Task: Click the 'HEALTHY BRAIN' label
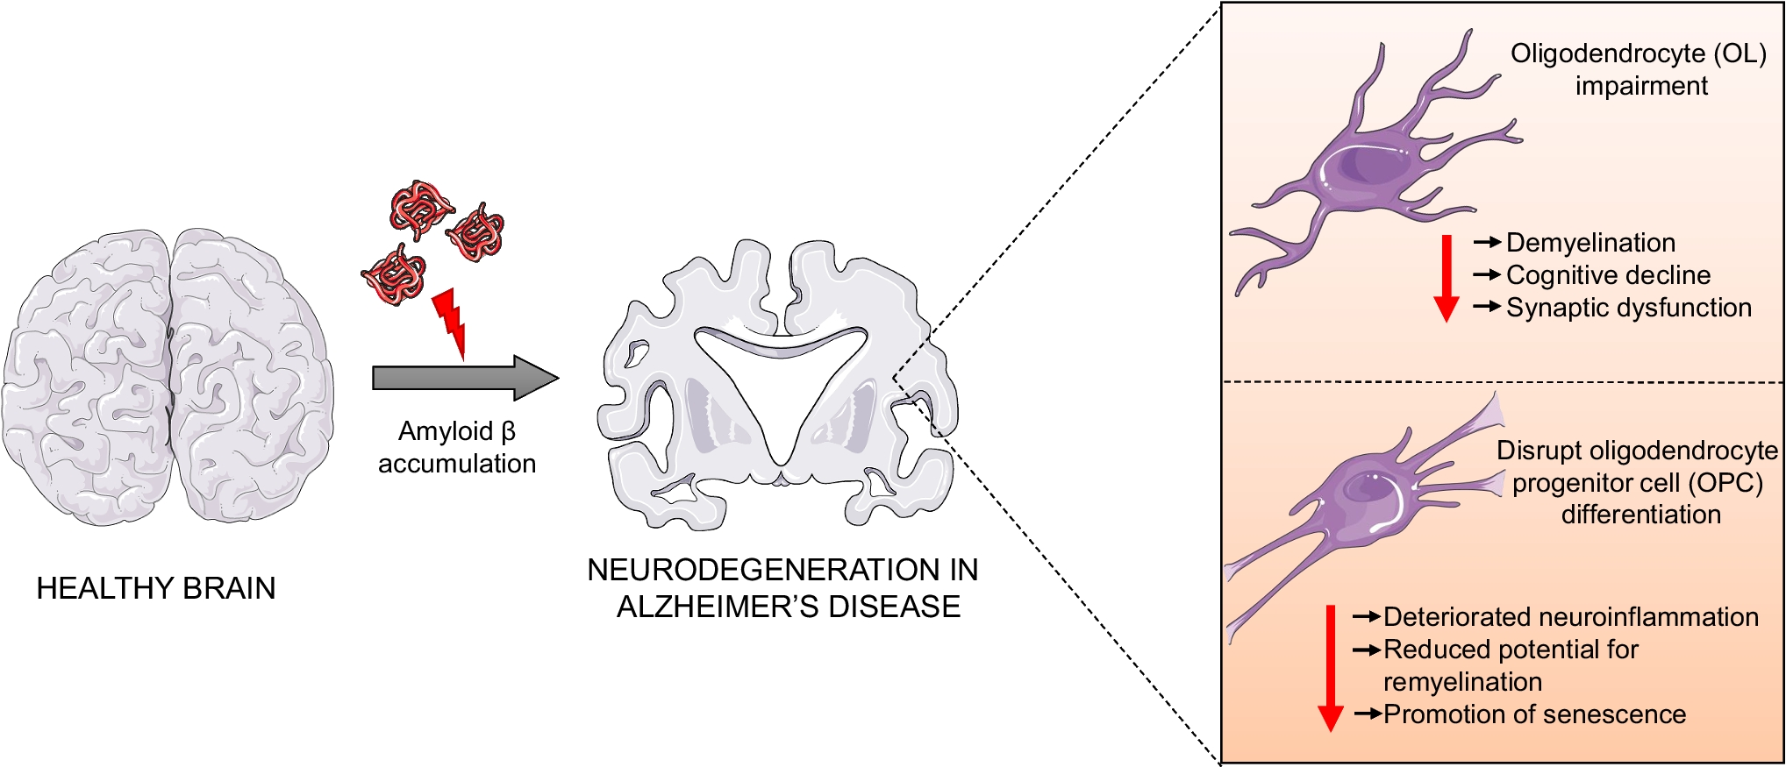156,588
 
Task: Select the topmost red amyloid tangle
420,209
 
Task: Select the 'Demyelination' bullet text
1590,243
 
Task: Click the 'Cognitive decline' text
1608,275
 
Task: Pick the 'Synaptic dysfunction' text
1628,308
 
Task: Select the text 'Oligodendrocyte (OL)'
1638,53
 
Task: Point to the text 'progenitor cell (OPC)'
1637,483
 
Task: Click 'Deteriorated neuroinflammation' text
1570,617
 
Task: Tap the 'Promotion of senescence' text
1534,714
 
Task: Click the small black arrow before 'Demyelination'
1487,242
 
